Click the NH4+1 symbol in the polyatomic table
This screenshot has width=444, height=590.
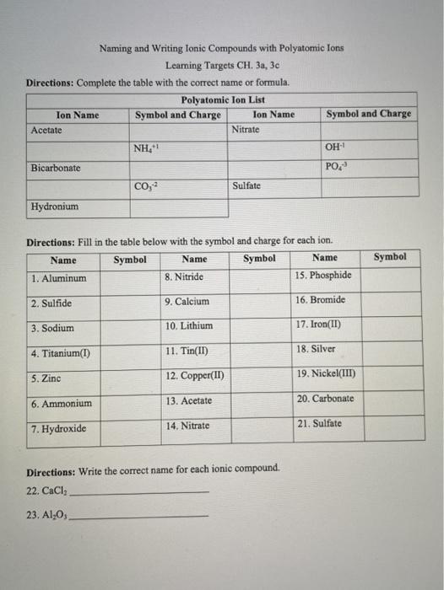[146, 149]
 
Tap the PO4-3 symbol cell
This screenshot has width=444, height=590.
[337, 166]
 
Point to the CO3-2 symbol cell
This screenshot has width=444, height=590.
[146, 186]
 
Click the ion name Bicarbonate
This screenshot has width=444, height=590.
[56, 168]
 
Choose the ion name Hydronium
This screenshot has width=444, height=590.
[54, 206]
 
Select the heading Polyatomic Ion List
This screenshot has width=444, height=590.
[222, 99]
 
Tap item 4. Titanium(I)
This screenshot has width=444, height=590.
[61, 353]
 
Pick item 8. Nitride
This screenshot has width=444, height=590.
[184, 276]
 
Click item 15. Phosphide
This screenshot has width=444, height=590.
[324, 275]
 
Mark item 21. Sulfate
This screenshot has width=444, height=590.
[319, 423]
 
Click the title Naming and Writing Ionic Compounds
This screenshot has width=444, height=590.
[221, 49]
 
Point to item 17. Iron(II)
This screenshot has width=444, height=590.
[318, 324]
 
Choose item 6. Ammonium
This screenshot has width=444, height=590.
[62, 404]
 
